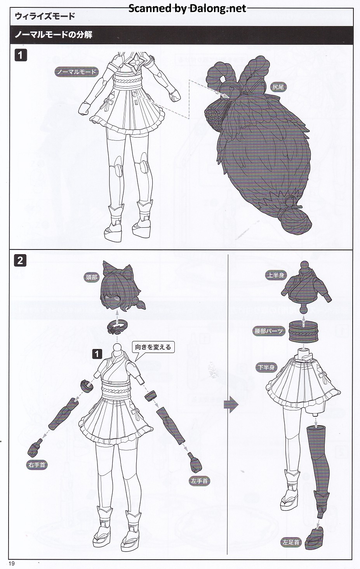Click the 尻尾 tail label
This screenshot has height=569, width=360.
(x=278, y=87)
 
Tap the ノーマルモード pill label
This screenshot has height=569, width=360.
(x=76, y=72)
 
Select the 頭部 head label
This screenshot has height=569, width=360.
(x=91, y=277)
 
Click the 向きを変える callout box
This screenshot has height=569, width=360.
(x=153, y=347)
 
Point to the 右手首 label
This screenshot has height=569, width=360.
(x=37, y=465)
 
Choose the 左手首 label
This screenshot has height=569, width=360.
(x=200, y=481)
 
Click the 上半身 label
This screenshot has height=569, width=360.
(x=276, y=275)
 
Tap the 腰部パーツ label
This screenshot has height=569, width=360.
(x=268, y=331)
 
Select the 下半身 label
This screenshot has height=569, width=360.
(x=266, y=367)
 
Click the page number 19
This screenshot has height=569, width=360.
(x=12, y=564)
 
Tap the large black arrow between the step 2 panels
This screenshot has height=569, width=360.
(x=231, y=405)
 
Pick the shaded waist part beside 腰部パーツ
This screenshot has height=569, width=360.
(x=304, y=331)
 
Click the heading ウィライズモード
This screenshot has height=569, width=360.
(x=45, y=16)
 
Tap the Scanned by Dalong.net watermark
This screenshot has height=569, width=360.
(x=188, y=9)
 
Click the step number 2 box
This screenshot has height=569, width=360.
(x=21, y=261)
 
